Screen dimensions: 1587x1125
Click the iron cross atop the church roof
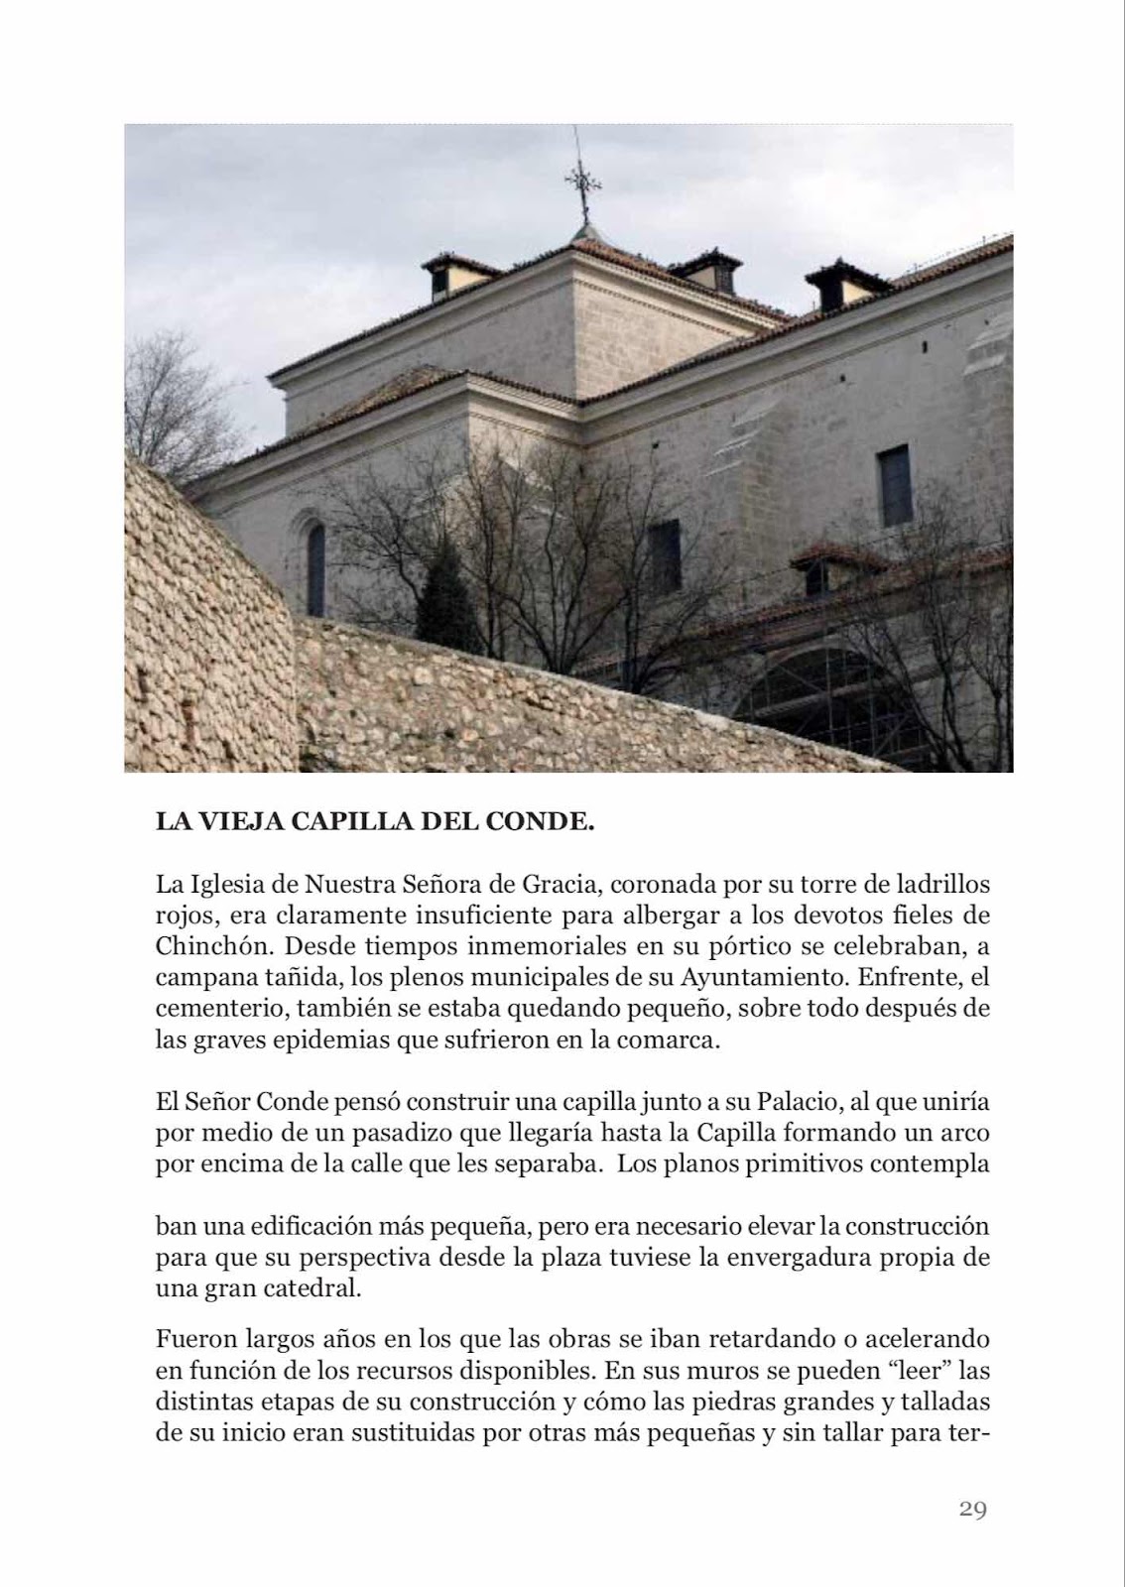click(583, 184)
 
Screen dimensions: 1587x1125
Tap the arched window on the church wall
click(315, 569)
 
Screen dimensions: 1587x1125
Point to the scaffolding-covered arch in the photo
click(823, 698)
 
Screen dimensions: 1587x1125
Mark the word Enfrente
click(910, 976)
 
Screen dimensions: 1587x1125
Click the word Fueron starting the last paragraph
click(194, 1339)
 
